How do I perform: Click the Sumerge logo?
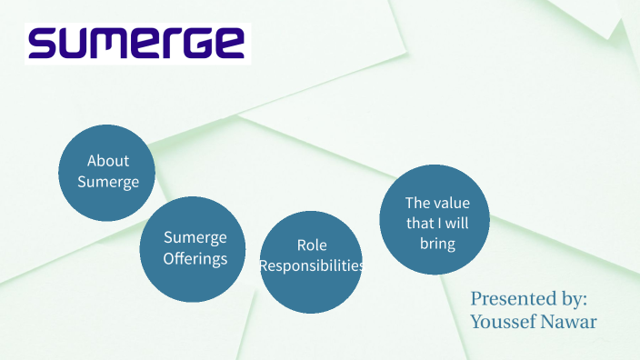[137, 43]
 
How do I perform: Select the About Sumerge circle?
[107, 172]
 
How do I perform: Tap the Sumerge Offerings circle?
[194, 248]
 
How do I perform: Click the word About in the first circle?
[108, 161]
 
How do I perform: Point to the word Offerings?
[195, 258]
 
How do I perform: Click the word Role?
[312, 245]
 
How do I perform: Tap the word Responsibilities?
[312, 266]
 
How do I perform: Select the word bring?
[436, 244]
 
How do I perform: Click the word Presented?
[508, 298]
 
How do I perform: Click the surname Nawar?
[570, 321]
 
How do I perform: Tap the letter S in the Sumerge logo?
[44, 43]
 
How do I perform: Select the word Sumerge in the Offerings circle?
[195, 237]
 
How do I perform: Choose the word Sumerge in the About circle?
[108, 182]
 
